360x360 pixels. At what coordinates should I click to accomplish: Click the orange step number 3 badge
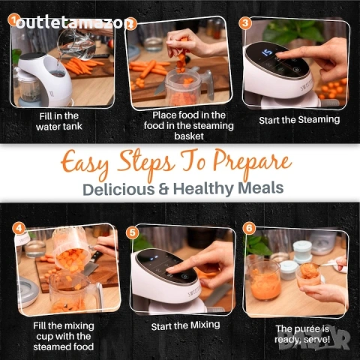(x=245, y=23)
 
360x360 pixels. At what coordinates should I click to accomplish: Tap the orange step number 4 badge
(x=19, y=228)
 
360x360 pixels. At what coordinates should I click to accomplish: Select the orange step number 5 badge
(x=132, y=233)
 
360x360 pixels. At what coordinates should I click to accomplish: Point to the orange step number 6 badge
(x=249, y=228)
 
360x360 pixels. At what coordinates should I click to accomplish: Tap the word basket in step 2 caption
(x=189, y=136)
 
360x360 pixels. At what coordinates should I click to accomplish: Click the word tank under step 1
(x=72, y=127)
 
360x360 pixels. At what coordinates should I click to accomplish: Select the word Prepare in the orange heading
(x=252, y=163)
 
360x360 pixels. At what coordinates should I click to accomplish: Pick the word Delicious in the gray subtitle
(x=118, y=190)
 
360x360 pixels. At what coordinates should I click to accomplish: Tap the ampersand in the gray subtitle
(x=163, y=189)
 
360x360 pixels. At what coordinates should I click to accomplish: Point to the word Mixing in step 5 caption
(x=205, y=325)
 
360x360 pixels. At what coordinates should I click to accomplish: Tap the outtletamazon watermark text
(x=73, y=24)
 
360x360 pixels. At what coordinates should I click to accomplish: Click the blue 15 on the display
(x=267, y=52)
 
